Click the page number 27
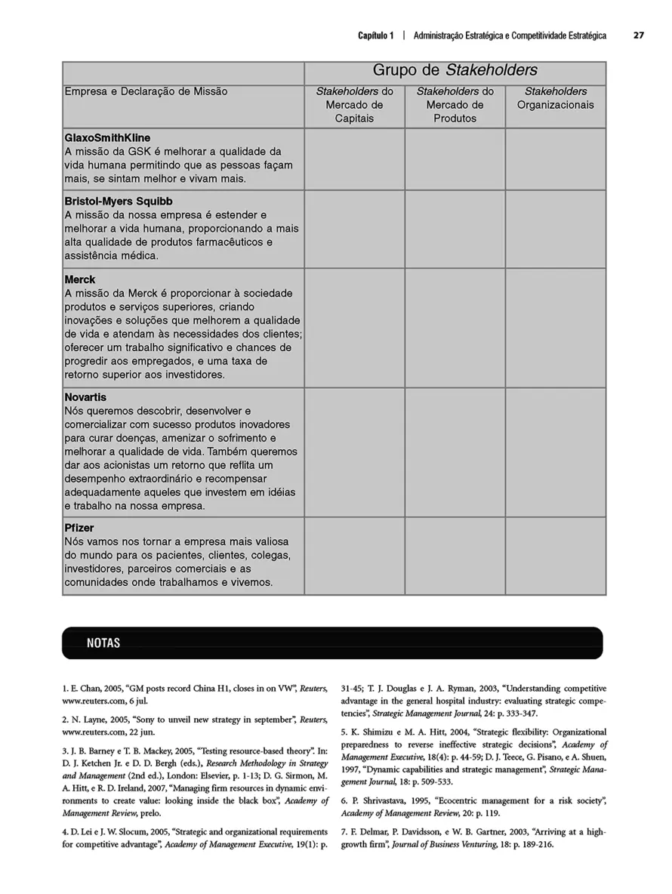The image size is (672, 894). (638, 35)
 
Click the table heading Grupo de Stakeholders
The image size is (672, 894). (455, 71)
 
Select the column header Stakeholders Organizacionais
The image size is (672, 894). (555, 98)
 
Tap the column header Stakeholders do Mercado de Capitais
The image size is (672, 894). (354, 105)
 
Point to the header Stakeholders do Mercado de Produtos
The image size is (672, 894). (455, 105)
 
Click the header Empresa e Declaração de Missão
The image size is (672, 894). (146, 91)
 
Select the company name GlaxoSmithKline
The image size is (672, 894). (107, 137)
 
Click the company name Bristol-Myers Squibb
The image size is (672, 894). (119, 202)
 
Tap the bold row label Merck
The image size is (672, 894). (80, 279)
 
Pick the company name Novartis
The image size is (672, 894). (85, 397)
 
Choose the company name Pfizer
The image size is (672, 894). (79, 528)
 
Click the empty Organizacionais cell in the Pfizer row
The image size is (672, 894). (555, 556)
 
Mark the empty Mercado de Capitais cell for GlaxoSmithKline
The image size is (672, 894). (354, 159)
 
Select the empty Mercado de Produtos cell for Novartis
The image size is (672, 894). (455, 452)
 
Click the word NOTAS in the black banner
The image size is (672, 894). (103, 643)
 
